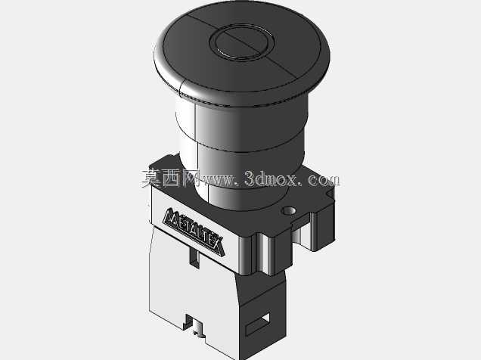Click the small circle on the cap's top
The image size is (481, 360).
(242, 42)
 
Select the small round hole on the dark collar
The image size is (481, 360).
(289, 211)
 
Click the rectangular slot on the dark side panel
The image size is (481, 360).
(258, 324)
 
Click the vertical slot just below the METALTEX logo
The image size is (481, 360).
(194, 257)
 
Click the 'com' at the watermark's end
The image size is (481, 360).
(324, 180)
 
